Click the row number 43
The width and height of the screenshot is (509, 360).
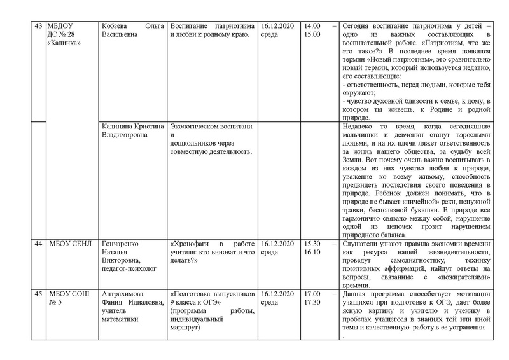click(36, 25)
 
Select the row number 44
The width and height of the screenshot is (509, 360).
click(36, 244)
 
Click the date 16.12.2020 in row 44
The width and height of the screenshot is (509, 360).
click(277, 244)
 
